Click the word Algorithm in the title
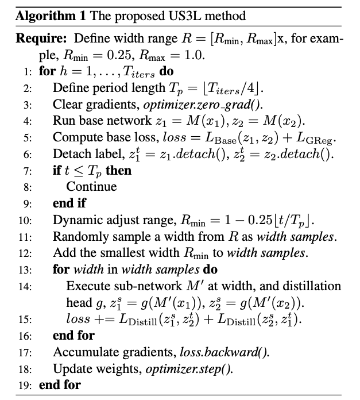tap(38, 16)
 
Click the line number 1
tap(27, 72)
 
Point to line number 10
tap(25, 220)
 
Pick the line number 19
tap(25, 384)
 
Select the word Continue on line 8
tap(91, 187)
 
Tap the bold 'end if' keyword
tap(67, 203)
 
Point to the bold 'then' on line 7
tap(119, 171)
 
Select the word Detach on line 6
tap(69, 154)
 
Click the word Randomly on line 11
tap(76, 236)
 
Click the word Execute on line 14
tap(86, 286)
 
